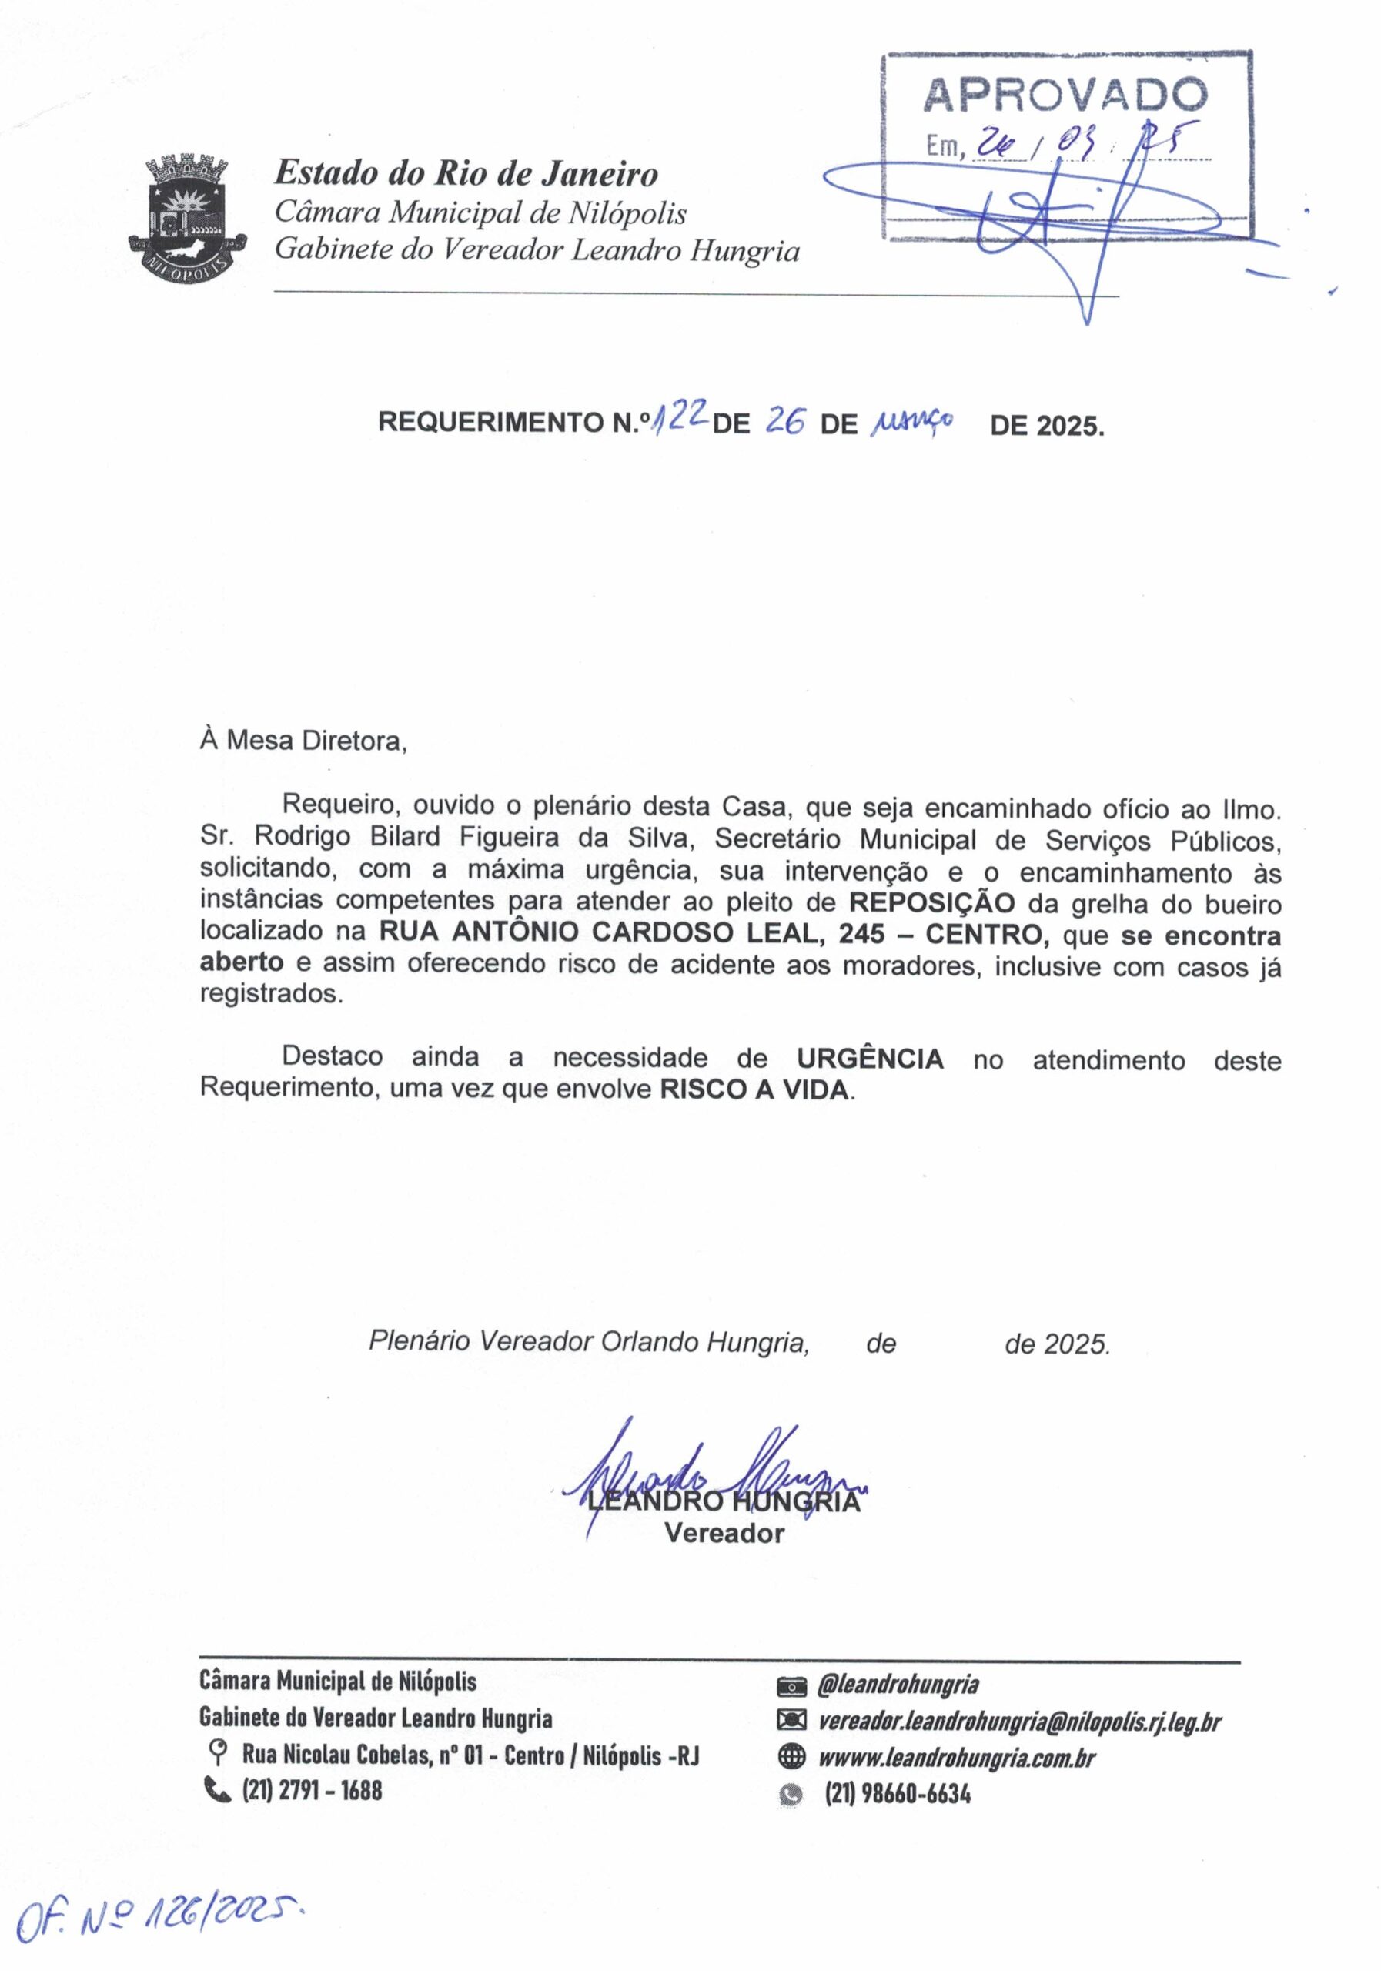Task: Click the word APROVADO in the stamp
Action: point(1065,96)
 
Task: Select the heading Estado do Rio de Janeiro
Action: point(466,174)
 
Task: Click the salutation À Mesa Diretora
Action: point(303,741)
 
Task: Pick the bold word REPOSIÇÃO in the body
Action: point(931,903)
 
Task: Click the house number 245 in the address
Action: point(861,934)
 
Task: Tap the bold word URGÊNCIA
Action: point(869,1059)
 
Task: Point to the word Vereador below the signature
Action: point(724,1534)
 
